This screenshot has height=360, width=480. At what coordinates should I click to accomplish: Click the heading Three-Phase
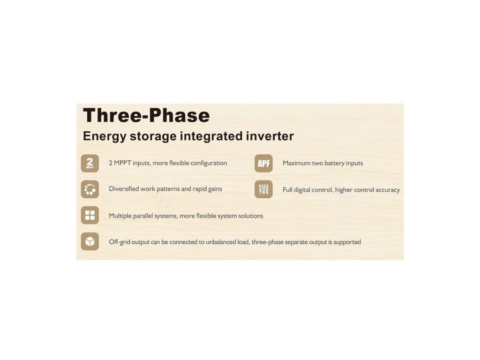pyautogui.click(x=146, y=115)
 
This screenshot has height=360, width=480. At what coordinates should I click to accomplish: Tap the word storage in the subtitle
pyautogui.click(x=153, y=136)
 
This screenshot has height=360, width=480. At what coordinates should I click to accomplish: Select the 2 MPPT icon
pyautogui.click(x=90, y=163)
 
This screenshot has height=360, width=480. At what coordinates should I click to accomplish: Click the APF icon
pyautogui.click(x=263, y=163)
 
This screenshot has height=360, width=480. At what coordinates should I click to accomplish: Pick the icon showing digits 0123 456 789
pyautogui.click(x=263, y=189)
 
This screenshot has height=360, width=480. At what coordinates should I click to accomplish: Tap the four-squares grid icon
pyautogui.click(x=90, y=215)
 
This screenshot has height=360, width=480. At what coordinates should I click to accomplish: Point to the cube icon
pyautogui.click(x=90, y=241)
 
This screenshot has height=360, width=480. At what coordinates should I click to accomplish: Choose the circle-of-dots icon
pyautogui.click(x=90, y=189)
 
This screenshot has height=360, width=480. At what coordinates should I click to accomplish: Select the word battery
pyautogui.click(x=334, y=164)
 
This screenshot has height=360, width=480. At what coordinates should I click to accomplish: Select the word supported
pyautogui.click(x=347, y=242)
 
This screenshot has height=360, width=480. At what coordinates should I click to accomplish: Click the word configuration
pyautogui.click(x=209, y=163)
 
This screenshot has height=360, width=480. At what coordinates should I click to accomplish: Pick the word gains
pyautogui.click(x=215, y=189)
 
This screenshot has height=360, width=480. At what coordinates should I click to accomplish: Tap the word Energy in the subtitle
pyautogui.click(x=105, y=136)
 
